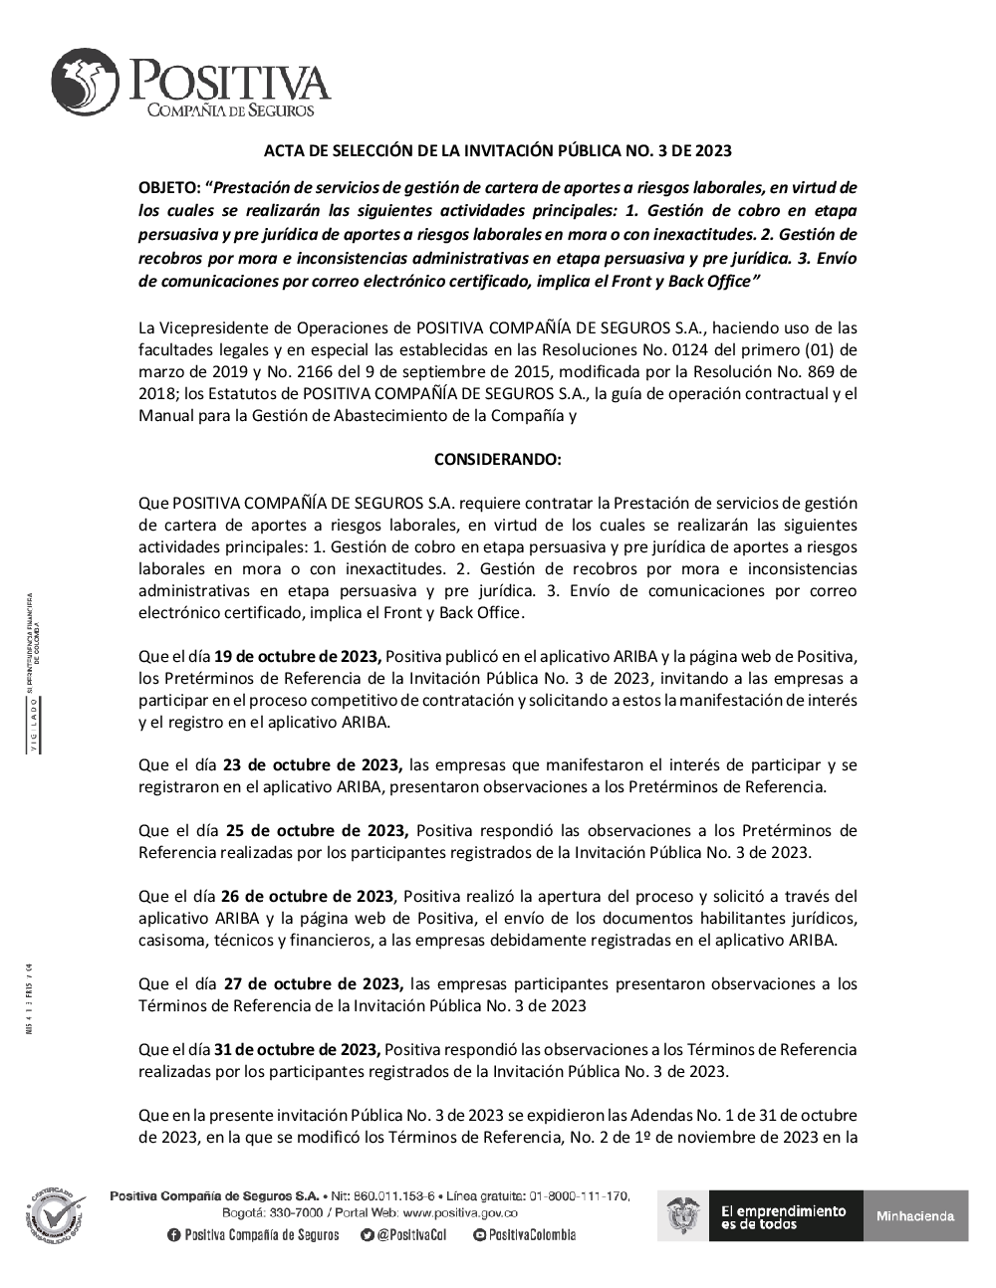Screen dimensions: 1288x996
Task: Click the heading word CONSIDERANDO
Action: point(497,460)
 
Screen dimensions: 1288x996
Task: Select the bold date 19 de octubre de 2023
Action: point(297,656)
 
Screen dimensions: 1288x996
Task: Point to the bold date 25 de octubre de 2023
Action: point(317,831)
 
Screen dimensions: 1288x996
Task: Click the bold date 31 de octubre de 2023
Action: point(297,1050)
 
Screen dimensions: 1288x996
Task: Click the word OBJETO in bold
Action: point(168,188)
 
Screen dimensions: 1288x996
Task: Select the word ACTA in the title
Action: point(282,151)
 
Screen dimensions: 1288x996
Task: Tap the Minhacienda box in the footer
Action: point(915,1215)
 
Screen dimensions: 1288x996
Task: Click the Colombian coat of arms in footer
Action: point(682,1215)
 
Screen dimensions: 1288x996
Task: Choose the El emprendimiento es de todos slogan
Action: point(783,1216)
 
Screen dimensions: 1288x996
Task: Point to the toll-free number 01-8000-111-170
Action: point(579,1195)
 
